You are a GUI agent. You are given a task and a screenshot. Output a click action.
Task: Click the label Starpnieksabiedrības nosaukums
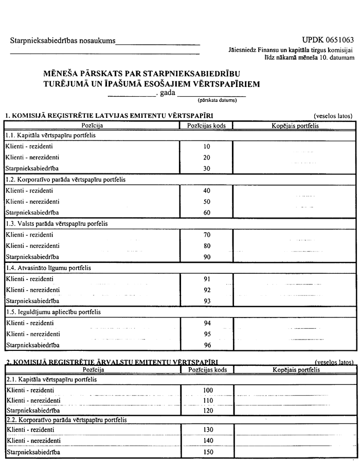click(62, 41)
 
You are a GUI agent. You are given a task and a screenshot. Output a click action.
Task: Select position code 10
click(207, 147)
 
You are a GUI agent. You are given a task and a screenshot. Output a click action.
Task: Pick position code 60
click(207, 212)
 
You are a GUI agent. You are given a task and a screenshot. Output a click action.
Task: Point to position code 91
click(207, 279)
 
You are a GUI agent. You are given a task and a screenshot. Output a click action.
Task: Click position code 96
click(207, 345)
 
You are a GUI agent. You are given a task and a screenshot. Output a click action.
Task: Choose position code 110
click(207, 400)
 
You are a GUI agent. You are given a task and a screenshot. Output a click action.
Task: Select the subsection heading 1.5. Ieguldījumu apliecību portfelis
click(53, 312)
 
